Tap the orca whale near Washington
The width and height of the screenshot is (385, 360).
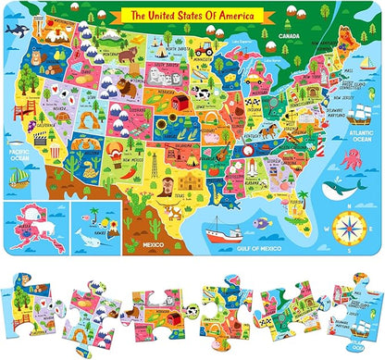(x=15, y=30)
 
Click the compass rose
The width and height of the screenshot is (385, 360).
(x=348, y=223)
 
